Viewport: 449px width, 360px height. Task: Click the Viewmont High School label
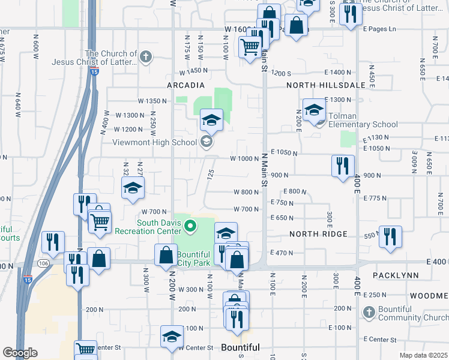coord(155,142)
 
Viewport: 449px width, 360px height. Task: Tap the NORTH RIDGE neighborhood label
coord(318,234)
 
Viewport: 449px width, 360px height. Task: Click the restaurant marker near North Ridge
coord(391,236)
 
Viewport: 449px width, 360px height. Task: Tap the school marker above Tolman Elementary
coord(313,109)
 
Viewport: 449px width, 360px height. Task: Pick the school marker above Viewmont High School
coord(211,119)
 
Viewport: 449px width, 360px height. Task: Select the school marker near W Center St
coord(172,337)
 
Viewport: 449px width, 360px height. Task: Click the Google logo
coord(20,353)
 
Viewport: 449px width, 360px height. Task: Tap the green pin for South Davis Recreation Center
coord(190,226)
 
